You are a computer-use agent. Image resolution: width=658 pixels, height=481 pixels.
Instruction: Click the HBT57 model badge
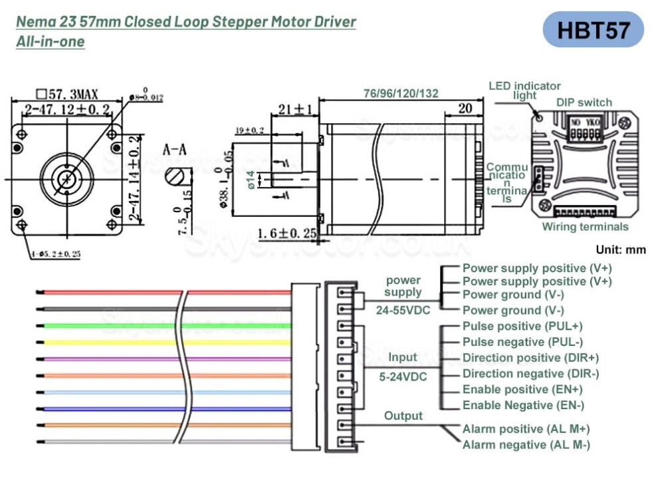(x=593, y=30)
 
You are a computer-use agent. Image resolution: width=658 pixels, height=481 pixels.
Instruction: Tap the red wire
(x=106, y=291)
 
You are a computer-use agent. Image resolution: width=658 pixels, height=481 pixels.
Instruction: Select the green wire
(x=106, y=325)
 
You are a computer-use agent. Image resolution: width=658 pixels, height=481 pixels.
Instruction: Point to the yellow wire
(x=106, y=341)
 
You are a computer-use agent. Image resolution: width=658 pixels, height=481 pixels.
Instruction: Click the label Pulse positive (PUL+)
(x=522, y=326)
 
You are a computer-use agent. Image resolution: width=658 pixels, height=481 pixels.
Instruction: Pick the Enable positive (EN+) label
(x=522, y=389)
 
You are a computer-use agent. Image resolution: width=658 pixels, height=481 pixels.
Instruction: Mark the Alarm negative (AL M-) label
(x=526, y=445)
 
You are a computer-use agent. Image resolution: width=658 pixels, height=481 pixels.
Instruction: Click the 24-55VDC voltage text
(x=403, y=309)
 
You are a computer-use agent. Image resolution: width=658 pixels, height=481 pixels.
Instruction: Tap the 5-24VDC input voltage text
(x=403, y=377)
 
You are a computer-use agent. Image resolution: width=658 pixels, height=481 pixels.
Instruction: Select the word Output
(x=403, y=416)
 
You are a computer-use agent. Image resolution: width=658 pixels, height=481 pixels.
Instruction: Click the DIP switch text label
(x=584, y=102)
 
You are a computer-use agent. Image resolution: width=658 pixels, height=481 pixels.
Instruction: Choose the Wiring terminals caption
(x=585, y=227)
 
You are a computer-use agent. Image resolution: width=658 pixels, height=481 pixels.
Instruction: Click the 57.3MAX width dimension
(x=68, y=93)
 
